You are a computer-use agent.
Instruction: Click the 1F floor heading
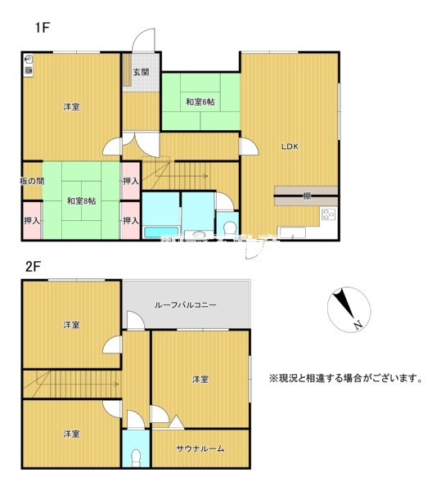tap(43, 28)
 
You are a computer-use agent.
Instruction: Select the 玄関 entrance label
tap(142, 72)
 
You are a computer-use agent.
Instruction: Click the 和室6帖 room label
tap(200, 101)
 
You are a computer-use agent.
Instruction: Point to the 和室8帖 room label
tap(82, 200)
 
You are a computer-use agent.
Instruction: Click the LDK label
tap(290, 147)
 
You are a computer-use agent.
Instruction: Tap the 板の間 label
tap(33, 180)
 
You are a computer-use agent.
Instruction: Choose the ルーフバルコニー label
tap(185, 304)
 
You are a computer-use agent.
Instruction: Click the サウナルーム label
tap(200, 448)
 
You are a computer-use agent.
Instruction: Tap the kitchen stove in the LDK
tap(328, 216)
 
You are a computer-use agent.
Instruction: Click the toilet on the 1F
tap(230, 226)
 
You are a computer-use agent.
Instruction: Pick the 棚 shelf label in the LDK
tap(305, 195)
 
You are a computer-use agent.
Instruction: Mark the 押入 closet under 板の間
tap(32, 221)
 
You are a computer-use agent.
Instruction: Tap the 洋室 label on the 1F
tap(71, 107)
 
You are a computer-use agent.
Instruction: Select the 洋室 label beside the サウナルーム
tap(200, 379)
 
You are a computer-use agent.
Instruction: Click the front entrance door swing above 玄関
tap(145, 41)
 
